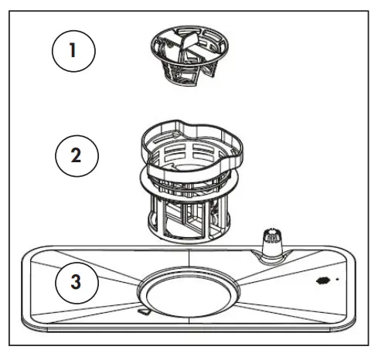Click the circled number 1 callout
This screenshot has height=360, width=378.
click(x=73, y=52)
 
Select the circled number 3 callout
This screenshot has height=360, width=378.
click(x=75, y=282)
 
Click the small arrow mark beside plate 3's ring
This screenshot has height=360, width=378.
click(x=143, y=311)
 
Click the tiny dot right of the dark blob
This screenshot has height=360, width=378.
click(x=336, y=279)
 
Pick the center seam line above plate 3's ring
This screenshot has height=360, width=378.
click(x=187, y=260)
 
